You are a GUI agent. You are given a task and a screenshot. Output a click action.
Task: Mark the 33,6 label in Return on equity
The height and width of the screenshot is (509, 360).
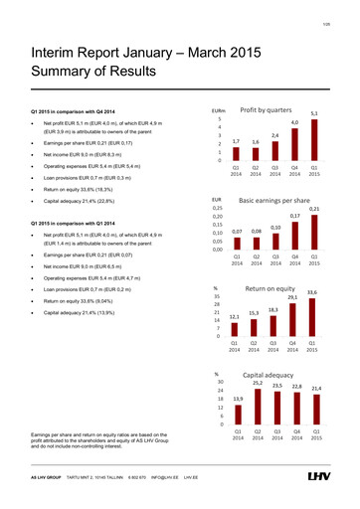point(312,263)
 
